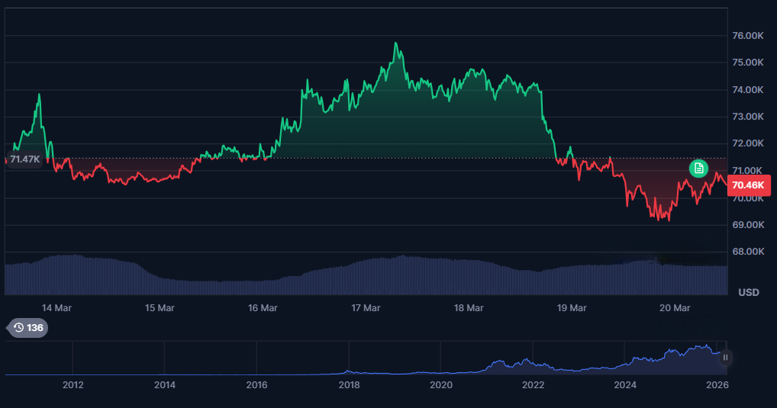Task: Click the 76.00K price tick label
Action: (x=748, y=36)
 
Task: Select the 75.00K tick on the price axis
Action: (x=748, y=63)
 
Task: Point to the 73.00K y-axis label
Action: (x=748, y=117)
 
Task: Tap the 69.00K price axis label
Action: (x=748, y=225)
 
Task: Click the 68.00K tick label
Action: (x=748, y=252)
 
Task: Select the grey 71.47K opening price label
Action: (x=24, y=159)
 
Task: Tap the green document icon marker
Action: (x=698, y=169)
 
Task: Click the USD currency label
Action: (x=748, y=292)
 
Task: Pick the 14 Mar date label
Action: (x=57, y=308)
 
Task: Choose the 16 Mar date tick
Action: (x=263, y=308)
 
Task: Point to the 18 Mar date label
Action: (x=469, y=308)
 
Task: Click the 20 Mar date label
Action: (x=675, y=308)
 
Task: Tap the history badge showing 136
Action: (x=28, y=328)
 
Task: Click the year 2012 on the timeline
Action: (x=73, y=385)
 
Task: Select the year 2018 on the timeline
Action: (x=349, y=385)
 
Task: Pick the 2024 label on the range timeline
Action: (x=625, y=385)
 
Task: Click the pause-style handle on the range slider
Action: (x=726, y=357)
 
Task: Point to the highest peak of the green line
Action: (x=395, y=43)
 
